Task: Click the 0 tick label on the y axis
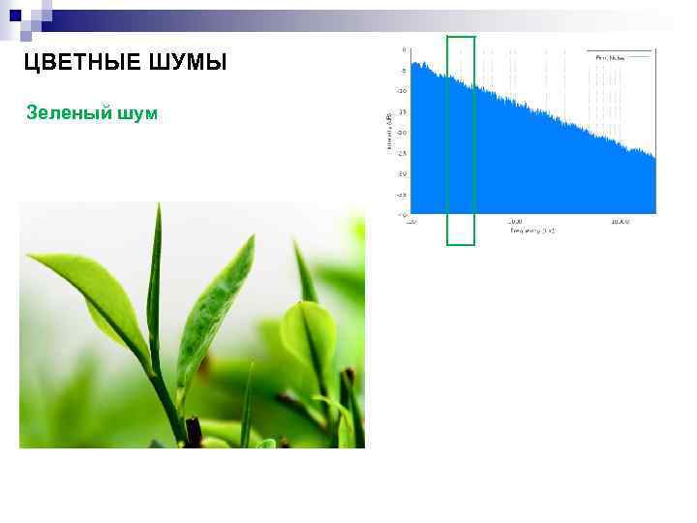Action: click(404, 50)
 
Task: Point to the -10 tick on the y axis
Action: click(402, 91)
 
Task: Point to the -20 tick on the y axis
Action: click(402, 133)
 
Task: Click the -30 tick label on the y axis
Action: click(402, 173)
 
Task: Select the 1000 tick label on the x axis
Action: click(514, 222)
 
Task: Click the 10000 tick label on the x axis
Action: click(620, 222)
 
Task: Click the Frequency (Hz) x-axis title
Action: click(533, 231)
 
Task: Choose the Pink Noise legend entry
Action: click(610, 58)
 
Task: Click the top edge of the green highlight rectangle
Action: click(461, 37)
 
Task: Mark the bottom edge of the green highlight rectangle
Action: click(461, 244)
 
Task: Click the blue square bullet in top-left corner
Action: click(15, 15)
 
